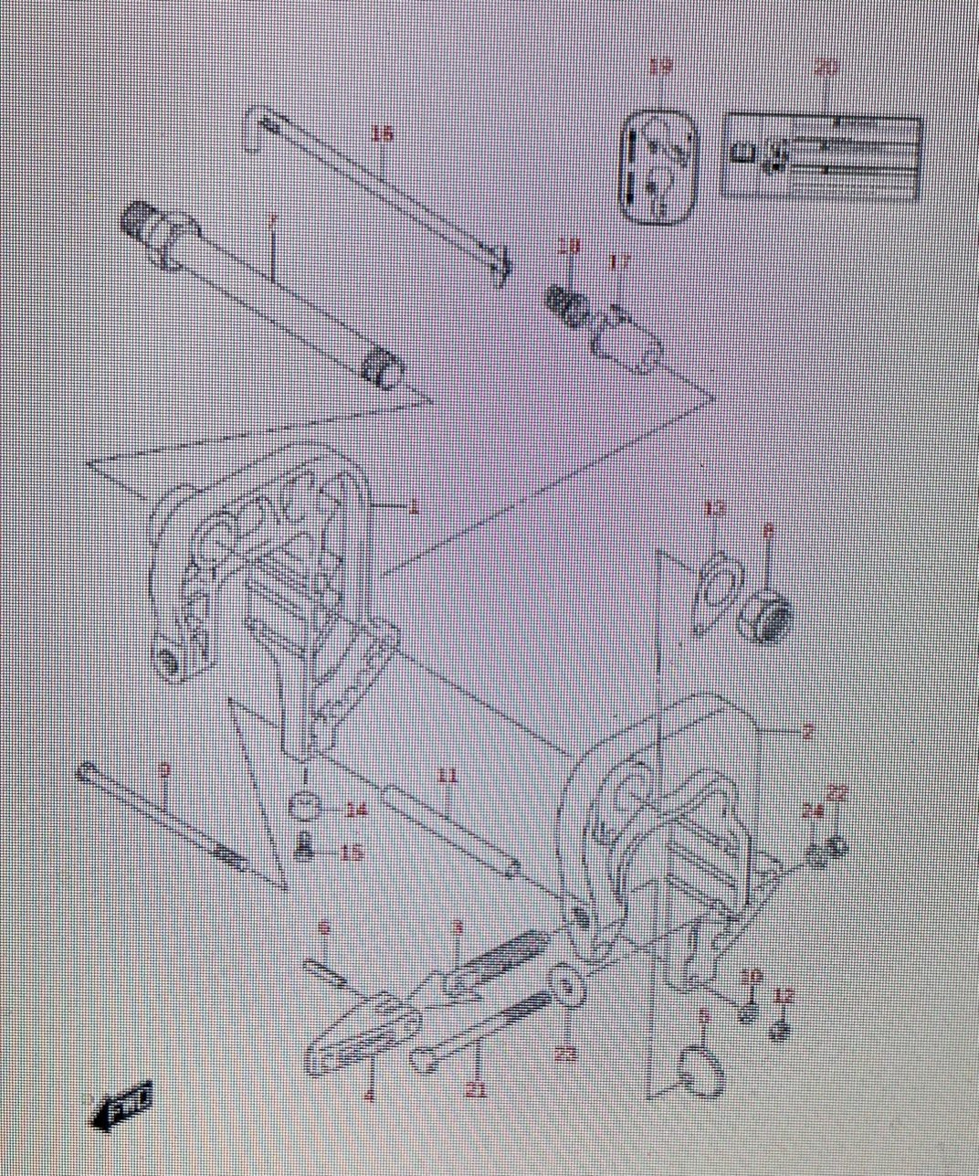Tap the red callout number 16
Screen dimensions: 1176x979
(382, 134)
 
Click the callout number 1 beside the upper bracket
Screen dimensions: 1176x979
(414, 508)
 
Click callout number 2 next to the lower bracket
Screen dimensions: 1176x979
(808, 731)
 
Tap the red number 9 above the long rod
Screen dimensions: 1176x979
(163, 770)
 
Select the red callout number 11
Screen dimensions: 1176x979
(446, 777)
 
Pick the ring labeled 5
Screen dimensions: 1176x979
(703, 1070)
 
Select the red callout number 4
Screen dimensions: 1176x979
(370, 1096)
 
